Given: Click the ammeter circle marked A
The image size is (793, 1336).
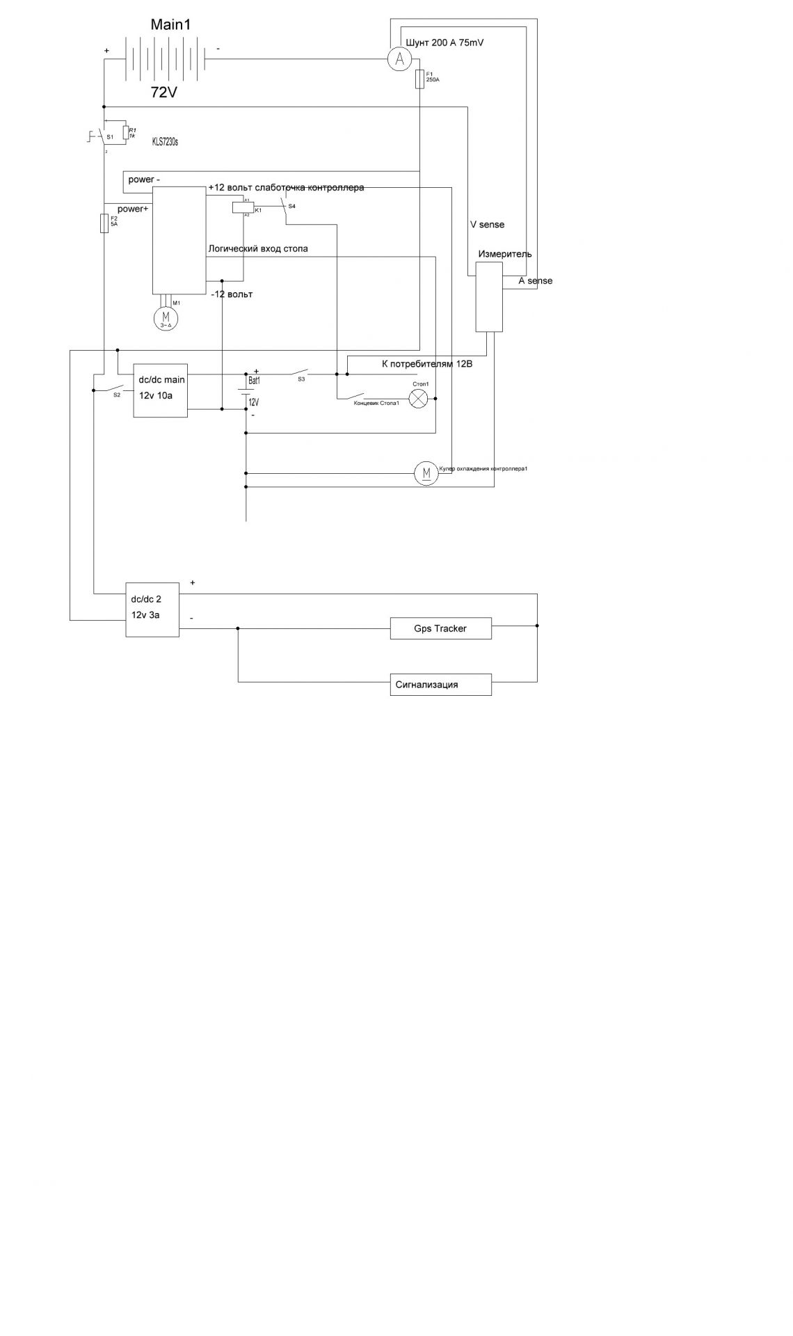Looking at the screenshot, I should [x=399, y=60].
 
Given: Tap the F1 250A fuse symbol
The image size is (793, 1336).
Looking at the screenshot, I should [x=419, y=79].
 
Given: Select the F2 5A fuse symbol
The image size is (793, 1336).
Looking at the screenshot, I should [x=104, y=223].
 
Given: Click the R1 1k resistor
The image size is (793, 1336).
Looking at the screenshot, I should [x=125, y=133].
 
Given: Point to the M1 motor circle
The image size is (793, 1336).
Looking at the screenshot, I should [x=166, y=318].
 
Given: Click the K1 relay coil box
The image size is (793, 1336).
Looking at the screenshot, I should [x=243, y=207].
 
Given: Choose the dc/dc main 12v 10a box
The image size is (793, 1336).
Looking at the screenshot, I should [x=160, y=390].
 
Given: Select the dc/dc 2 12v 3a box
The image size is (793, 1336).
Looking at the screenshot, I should [x=152, y=610].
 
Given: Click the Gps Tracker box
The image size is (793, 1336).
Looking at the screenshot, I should [x=440, y=628].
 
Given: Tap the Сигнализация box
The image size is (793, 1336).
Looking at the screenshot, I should [x=440, y=685].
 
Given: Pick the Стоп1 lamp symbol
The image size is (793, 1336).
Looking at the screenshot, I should [x=418, y=399].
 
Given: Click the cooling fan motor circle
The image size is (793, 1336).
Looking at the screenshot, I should [x=426, y=474].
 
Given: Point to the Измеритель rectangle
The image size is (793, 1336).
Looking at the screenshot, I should [x=489, y=296].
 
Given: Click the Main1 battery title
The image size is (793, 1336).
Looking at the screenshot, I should [x=170, y=25].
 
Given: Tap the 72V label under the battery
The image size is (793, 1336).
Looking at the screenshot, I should [x=164, y=93].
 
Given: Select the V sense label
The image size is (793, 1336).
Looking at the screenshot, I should [x=487, y=225].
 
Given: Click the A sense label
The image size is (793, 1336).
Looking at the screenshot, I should [x=536, y=281].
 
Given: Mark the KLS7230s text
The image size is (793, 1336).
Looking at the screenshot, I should [x=165, y=142].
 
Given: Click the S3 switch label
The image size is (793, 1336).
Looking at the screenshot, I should [x=301, y=379].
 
